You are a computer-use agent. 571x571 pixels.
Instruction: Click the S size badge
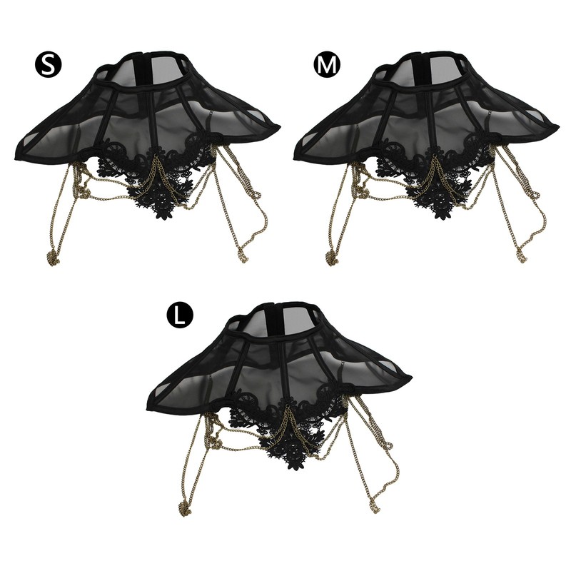tap(49, 64)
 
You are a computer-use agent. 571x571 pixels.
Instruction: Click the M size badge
tap(327, 64)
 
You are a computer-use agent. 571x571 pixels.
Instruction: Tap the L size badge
tap(180, 315)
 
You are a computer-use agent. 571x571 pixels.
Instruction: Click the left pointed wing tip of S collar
tap(15, 158)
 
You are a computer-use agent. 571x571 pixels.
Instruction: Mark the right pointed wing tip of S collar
tap(279, 126)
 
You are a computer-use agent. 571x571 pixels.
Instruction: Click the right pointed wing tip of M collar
tap(557, 126)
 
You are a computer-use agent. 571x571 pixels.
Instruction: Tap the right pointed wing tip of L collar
tap(410, 377)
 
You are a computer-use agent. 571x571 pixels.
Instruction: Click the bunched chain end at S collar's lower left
tap(53, 258)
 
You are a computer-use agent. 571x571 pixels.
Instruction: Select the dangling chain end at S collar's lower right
tap(241, 254)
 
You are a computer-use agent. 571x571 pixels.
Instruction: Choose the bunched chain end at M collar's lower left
tap(332, 258)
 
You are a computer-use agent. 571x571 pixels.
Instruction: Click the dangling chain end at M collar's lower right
tap(520, 254)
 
